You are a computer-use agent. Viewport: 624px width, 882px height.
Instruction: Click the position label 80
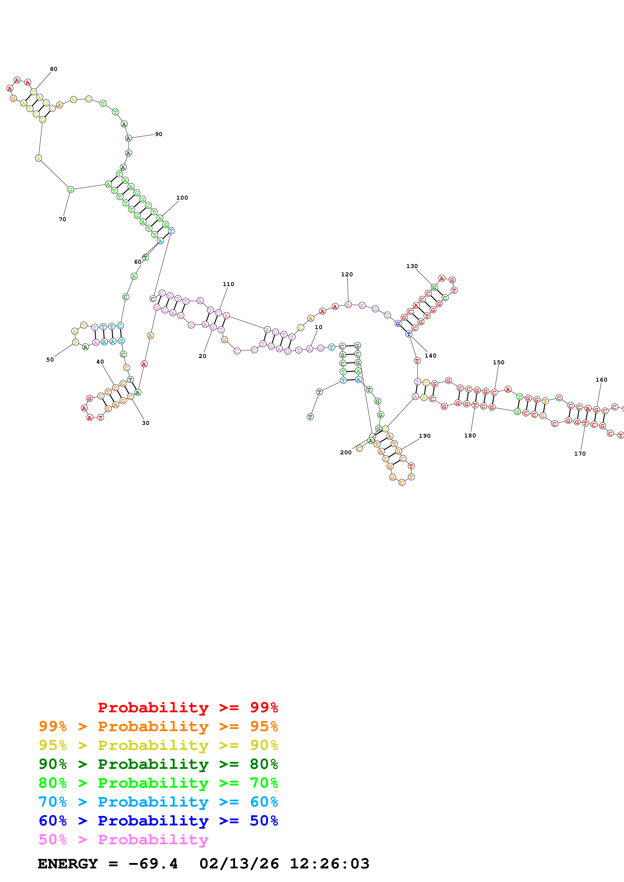click(x=53, y=69)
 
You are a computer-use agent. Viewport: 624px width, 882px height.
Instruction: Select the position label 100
click(x=182, y=198)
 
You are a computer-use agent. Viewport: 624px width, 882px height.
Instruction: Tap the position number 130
click(x=412, y=266)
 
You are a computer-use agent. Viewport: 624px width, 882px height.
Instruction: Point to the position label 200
click(x=346, y=453)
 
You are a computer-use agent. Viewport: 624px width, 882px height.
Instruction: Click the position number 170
click(x=580, y=454)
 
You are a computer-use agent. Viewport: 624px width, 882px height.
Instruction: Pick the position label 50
click(x=50, y=360)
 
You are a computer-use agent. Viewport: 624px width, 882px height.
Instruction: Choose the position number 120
click(x=347, y=275)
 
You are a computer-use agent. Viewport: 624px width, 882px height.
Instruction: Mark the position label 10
click(x=318, y=327)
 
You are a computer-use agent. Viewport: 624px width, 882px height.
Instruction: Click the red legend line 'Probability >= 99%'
click(x=188, y=708)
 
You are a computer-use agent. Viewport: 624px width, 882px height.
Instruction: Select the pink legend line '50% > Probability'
click(x=123, y=840)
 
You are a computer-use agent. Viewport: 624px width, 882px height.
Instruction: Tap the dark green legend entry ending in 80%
click(x=158, y=764)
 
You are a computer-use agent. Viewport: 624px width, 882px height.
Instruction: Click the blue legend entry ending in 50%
click(x=158, y=821)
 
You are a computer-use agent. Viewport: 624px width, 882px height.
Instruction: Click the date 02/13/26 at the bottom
click(x=239, y=864)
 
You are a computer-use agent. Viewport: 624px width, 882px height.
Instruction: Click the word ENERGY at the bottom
click(x=68, y=864)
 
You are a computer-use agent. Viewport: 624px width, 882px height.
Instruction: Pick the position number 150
click(x=498, y=363)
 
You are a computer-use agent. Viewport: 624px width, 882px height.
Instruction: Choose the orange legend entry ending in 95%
click(x=158, y=726)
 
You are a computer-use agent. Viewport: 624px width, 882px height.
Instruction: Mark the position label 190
click(x=424, y=436)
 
